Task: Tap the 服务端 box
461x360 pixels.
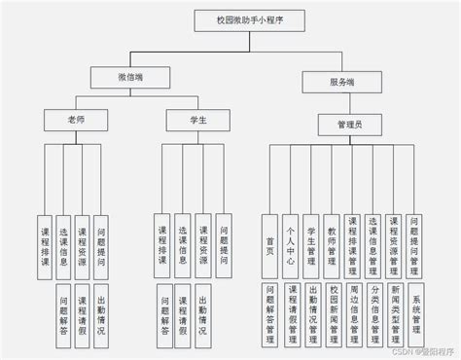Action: pos(341,84)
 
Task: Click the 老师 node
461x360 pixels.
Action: pos(63,119)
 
